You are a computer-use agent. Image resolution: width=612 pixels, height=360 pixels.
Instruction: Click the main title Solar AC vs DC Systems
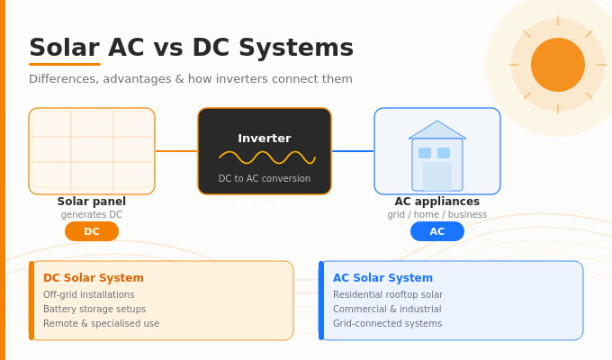point(191,49)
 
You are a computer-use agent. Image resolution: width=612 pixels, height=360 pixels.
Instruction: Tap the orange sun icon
point(558,65)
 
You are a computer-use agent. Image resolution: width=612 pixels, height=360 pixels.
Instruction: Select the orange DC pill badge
point(92,231)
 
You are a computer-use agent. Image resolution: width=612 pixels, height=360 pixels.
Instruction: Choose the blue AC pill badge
point(437,231)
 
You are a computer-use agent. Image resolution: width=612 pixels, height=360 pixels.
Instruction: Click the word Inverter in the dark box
point(265,139)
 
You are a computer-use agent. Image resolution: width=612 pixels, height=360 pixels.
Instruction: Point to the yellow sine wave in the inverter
point(267,157)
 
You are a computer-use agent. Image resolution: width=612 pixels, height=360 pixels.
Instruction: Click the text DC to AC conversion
point(265,179)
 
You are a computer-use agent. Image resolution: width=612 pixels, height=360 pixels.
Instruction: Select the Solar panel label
point(92,202)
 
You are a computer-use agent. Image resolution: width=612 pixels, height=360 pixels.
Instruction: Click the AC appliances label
point(437,202)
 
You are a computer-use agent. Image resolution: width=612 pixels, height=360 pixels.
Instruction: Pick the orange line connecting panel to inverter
point(176,151)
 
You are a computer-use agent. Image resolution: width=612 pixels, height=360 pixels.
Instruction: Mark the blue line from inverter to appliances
point(353,151)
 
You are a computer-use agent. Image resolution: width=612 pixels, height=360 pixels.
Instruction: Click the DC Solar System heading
point(94,278)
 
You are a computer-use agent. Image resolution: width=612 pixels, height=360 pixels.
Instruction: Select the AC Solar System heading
point(382,278)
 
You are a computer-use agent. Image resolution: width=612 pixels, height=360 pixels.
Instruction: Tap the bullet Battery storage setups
point(94,310)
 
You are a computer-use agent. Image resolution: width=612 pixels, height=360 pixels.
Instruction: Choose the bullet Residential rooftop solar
point(388,295)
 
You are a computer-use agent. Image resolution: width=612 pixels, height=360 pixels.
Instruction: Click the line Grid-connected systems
point(387,324)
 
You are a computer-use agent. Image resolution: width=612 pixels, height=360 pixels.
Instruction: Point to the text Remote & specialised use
point(101,324)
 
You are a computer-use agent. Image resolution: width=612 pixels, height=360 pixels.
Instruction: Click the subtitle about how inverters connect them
point(191,79)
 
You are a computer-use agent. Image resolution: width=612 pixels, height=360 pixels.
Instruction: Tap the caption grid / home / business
point(437,215)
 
